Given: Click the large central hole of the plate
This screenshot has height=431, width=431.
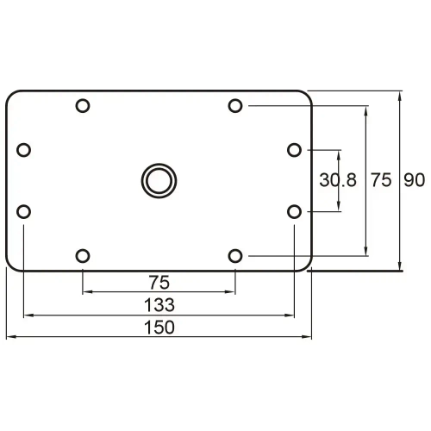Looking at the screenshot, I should (x=158, y=180).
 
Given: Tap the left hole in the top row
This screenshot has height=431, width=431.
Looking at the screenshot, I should (x=83, y=106).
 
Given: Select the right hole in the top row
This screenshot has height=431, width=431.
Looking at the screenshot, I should (x=235, y=106).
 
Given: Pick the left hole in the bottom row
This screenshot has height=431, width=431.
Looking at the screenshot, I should (x=83, y=255).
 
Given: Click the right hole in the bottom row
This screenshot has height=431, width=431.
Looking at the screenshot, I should (x=235, y=255).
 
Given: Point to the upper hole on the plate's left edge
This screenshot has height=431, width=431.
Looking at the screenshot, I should (x=23, y=150).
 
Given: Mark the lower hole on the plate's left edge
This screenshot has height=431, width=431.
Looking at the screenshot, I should (x=23, y=211).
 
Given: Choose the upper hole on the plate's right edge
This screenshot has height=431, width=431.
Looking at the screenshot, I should (x=295, y=150).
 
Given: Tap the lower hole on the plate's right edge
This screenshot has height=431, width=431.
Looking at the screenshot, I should (x=295, y=211).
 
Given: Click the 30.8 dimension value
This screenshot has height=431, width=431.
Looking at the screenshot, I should (x=337, y=180).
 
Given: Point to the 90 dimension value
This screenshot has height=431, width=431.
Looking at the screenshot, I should (x=415, y=180).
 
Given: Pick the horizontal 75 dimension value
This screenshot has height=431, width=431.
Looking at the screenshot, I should (x=159, y=281).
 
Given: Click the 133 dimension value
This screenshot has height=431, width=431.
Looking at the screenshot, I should (x=159, y=303).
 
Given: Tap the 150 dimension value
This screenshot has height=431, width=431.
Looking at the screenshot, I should (x=159, y=327).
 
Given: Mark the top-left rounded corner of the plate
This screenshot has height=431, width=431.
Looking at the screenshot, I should (x=11, y=95).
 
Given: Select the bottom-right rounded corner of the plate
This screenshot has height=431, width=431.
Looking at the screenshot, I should (x=303, y=265).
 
